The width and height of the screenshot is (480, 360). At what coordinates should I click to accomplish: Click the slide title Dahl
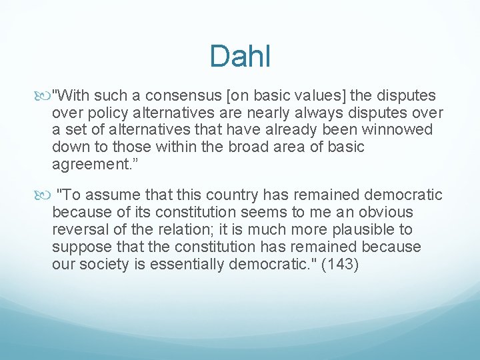[x=239, y=56]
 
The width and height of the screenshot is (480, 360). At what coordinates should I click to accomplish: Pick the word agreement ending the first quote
[x=85, y=164]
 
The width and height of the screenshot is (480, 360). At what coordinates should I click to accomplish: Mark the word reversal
[x=78, y=229]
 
